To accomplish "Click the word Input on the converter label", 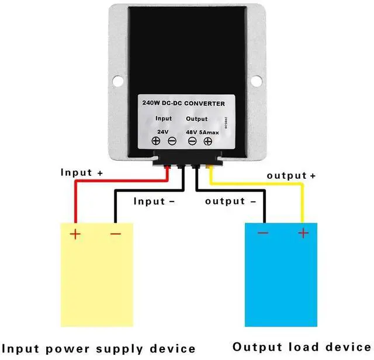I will click(x=164, y=119).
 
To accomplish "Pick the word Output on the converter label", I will click(x=196, y=119).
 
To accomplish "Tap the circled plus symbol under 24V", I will click(x=157, y=141).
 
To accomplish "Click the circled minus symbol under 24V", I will click(x=172, y=141).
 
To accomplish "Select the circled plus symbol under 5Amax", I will click(x=207, y=141).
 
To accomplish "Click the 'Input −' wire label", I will click(x=154, y=201).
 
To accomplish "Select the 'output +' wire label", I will click(x=291, y=175).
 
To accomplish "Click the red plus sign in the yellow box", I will click(x=75, y=234).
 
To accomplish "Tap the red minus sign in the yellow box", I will click(x=115, y=234).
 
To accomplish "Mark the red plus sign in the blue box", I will click(x=303, y=233).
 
